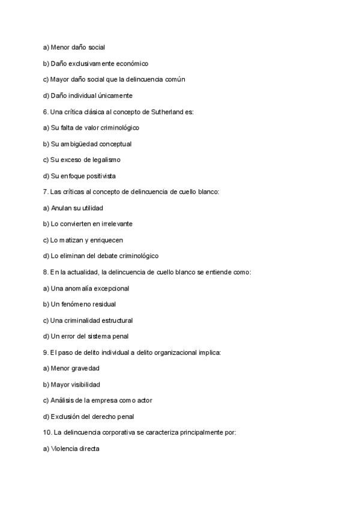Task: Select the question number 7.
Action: tap(46, 192)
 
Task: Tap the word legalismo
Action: tap(106, 160)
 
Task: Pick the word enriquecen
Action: tap(107, 240)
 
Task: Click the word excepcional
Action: tap(111, 288)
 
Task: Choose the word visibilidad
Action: tap(86, 384)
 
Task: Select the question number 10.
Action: tap(47, 432)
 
